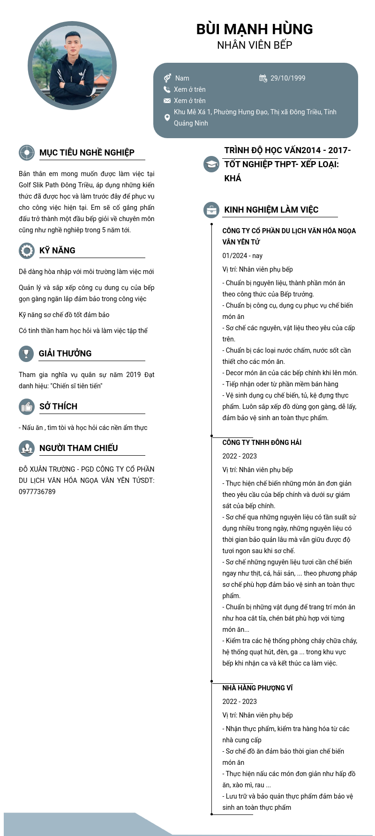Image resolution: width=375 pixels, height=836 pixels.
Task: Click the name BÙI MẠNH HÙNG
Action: [x=255, y=29]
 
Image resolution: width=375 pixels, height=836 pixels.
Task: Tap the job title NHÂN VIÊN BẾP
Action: [x=255, y=45]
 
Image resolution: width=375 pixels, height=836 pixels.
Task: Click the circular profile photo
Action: [x=72, y=66]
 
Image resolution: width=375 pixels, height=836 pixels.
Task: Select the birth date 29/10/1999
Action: [x=287, y=78]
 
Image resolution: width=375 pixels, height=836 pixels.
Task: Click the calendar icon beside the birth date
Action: [x=263, y=78]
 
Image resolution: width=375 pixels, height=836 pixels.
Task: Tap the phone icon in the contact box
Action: [x=167, y=89]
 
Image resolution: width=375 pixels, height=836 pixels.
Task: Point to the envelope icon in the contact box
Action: [x=167, y=101]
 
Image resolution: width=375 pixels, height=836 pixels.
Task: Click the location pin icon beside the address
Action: [x=167, y=118]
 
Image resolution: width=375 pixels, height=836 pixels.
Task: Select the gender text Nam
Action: [x=182, y=78]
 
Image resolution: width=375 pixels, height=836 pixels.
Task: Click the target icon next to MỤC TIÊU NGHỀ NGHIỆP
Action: [x=27, y=153]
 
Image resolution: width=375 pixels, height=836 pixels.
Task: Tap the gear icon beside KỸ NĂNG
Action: [x=27, y=251]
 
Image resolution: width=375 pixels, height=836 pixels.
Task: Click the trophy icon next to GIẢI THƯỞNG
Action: [x=27, y=354]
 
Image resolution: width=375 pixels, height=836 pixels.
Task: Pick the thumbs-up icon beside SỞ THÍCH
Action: [x=27, y=407]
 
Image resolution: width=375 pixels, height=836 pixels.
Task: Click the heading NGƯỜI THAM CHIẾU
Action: [x=78, y=448]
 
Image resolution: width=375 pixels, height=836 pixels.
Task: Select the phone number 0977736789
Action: [x=37, y=492]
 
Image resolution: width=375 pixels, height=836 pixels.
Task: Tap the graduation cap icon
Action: [x=211, y=164]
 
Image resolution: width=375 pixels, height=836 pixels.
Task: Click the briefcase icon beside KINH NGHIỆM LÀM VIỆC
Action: [x=211, y=210]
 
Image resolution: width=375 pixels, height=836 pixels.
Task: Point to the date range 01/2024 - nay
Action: [x=242, y=256]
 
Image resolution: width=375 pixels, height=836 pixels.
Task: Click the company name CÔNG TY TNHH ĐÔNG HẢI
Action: [x=262, y=443]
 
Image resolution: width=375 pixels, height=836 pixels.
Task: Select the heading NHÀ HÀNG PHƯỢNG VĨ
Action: [x=257, y=688]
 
